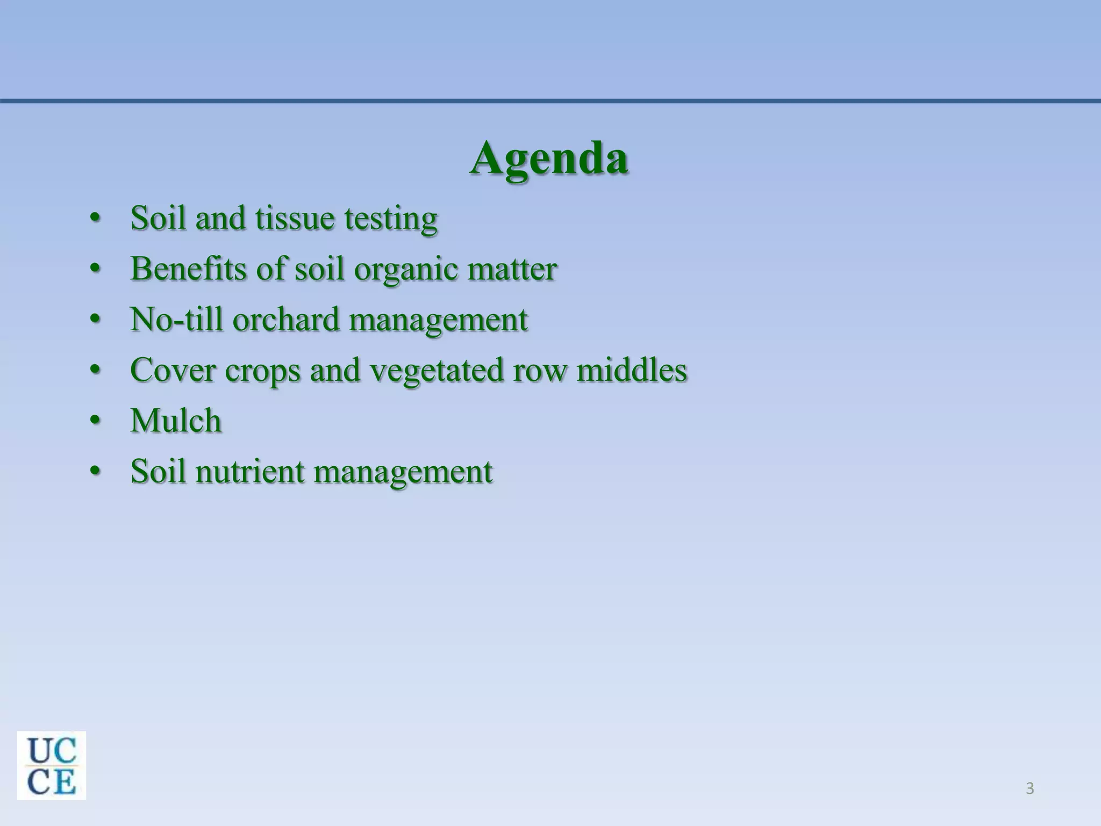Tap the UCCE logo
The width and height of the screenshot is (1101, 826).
52,765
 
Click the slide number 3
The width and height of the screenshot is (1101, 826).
1029,789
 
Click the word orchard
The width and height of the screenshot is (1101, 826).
286,319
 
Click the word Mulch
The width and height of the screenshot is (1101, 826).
176,421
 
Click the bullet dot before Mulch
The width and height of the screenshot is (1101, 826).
95,421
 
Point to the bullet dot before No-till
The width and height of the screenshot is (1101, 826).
95,319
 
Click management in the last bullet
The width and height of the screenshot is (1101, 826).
403,472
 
